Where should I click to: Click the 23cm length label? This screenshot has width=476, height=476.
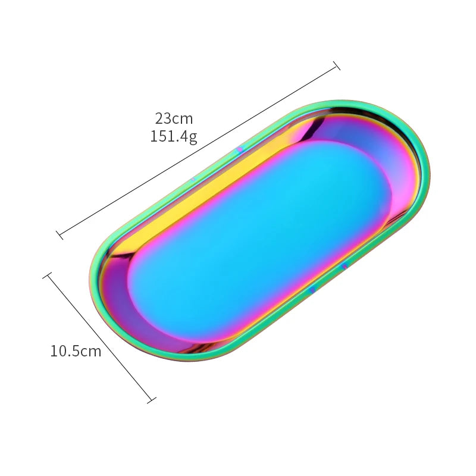pyautogui.click(x=174, y=118)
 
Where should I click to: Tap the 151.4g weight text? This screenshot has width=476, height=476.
pyautogui.click(x=174, y=136)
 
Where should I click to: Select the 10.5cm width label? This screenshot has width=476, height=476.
pyautogui.click(x=76, y=351)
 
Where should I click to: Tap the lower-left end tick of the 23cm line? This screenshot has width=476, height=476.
pyautogui.click(x=59, y=234)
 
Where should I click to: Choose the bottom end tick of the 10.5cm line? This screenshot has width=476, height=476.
pyautogui.click(x=151, y=400)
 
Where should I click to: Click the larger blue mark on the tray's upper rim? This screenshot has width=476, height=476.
pyautogui.click(x=240, y=149)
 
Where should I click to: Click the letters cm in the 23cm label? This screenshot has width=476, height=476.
pyautogui.click(x=183, y=118)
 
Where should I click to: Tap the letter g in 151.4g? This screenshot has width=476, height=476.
pyautogui.click(x=192, y=137)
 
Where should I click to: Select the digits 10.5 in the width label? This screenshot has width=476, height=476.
pyautogui.click(x=64, y=351)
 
